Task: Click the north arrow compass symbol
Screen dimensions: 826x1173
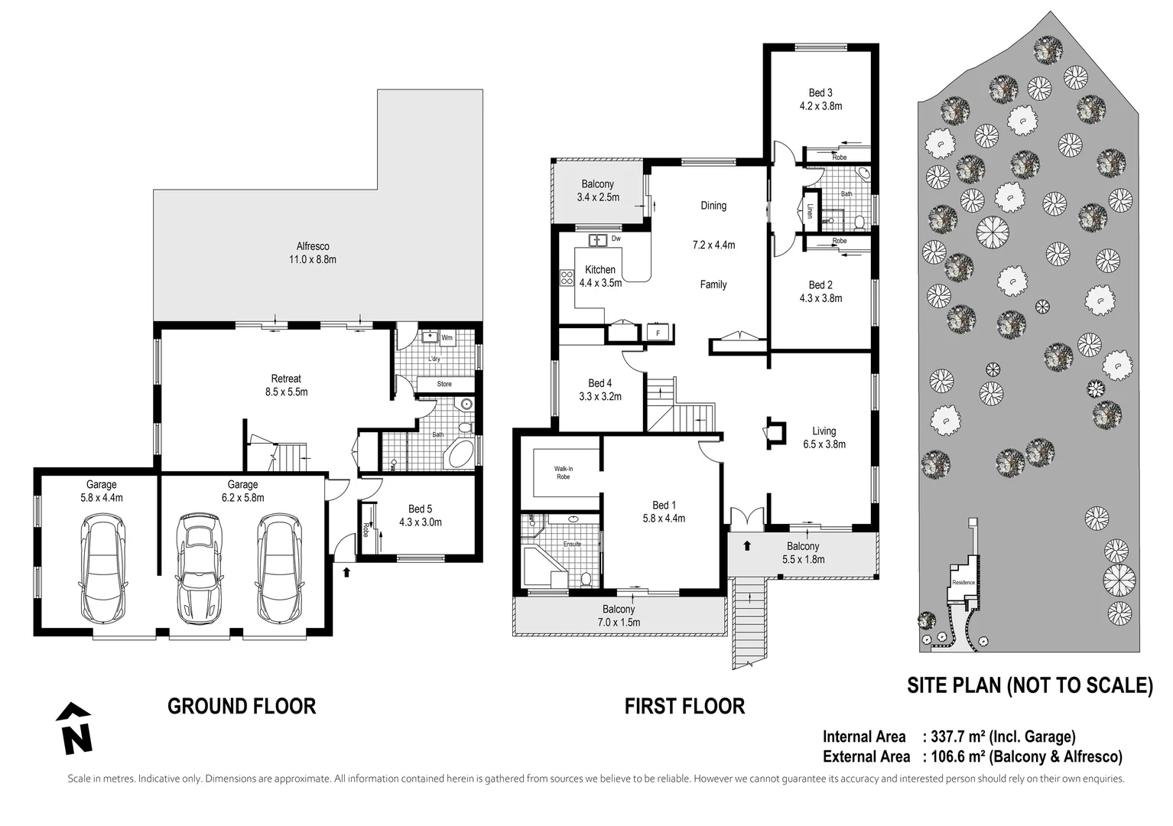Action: pos(74,728)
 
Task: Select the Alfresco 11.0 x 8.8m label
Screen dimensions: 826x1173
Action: pos(313,253)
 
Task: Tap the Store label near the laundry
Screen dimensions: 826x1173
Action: pos(444,384)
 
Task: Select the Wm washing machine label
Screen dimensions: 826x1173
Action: pos(447,337)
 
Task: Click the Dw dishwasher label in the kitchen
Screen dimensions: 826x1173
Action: pos(616,239)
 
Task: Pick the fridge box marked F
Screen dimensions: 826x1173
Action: pos(658,333)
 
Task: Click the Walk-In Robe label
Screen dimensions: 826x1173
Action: pos(563,473)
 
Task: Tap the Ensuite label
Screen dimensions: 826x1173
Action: pos(572,544)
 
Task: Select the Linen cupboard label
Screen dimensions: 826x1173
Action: pos(809,210)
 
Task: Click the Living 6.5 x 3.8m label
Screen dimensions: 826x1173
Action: pos(824,437)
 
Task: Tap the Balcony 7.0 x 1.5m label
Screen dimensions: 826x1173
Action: pos(618,616)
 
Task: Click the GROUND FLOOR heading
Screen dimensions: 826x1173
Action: pos(242,706)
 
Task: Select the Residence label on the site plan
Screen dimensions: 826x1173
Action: pos(963,582)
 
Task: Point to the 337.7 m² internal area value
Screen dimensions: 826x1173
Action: pos(956,737)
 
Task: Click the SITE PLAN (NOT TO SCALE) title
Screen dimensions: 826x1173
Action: pos(1029,685)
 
